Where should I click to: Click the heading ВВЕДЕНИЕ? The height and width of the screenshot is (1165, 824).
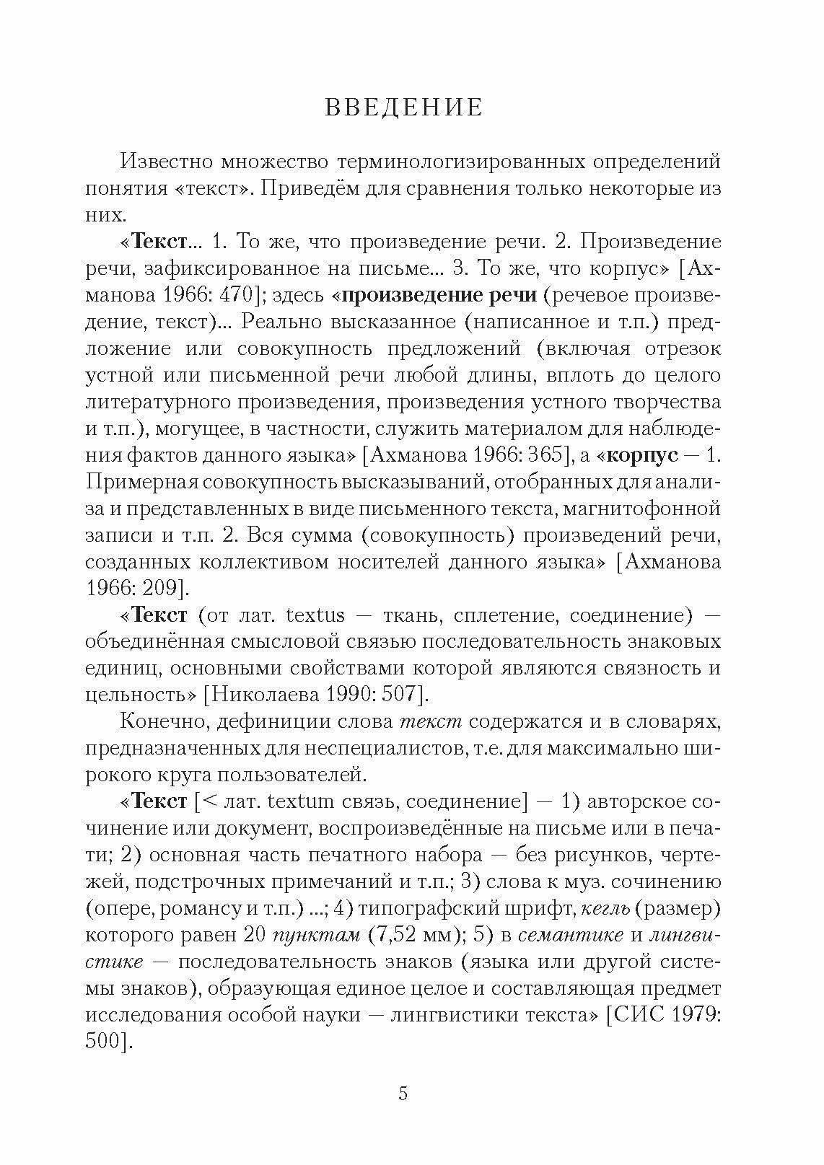point(403,107)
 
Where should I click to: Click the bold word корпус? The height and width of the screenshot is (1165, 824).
point(644,455)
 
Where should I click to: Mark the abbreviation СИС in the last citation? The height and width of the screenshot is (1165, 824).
point(635,1015)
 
